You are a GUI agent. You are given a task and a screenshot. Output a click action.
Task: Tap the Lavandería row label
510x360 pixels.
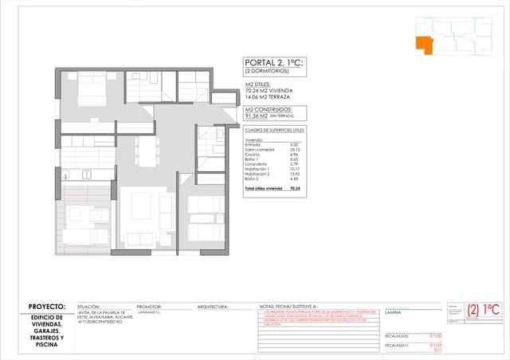point(257,164)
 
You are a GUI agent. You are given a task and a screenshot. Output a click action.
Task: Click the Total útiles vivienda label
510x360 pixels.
point(263,189)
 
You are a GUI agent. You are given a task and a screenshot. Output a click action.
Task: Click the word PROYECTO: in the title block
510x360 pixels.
point(46,307)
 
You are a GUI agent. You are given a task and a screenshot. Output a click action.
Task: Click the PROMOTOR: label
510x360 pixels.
point(149,307)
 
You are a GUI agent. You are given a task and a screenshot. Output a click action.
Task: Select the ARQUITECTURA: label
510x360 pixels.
point(212,307)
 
